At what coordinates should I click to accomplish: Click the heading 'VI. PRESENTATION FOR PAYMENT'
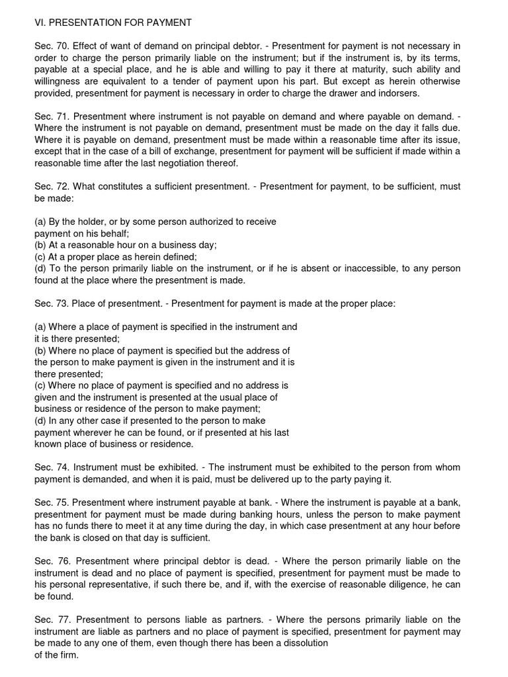click(113, 22)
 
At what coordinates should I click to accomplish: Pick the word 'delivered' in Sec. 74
click(266, 479)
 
